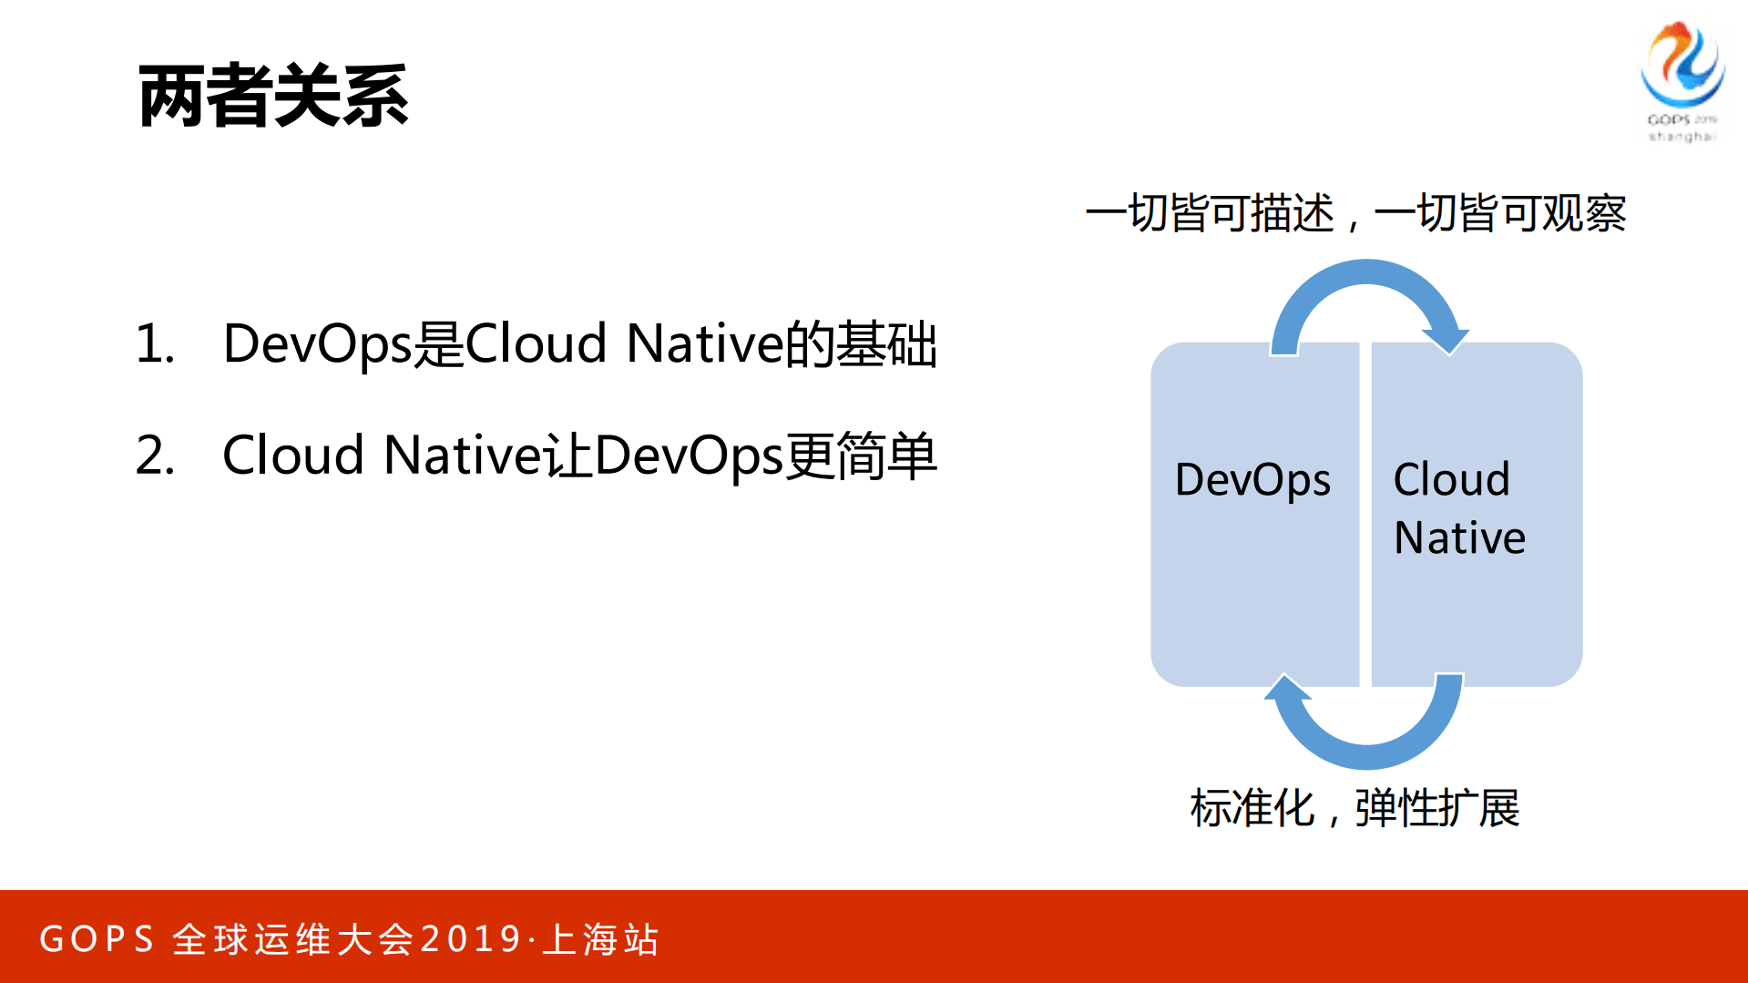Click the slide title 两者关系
click(x=272, y=97)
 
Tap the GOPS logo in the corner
click(x=1682, y=80)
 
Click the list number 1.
click(x=154, y=344)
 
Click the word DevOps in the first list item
click(x=317, y=344)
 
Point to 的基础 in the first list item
click(x=861, y=344)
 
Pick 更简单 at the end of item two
click(x=861, y=456)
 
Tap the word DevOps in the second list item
click(x=689, y=456)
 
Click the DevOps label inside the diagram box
click(x=1252, y=480)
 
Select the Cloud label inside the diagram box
click(x=1451, y=479)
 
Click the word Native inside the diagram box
click(x=1459, y=538)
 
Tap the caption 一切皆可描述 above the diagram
click(x=1209, y=213)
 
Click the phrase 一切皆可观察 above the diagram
click(x=1499, y=213)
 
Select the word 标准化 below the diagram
click(x=1252, y=808)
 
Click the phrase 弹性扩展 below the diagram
click(x=1436, y=808)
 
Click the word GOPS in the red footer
click(x=97, y=939)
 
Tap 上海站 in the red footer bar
click(x=600, y=939)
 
